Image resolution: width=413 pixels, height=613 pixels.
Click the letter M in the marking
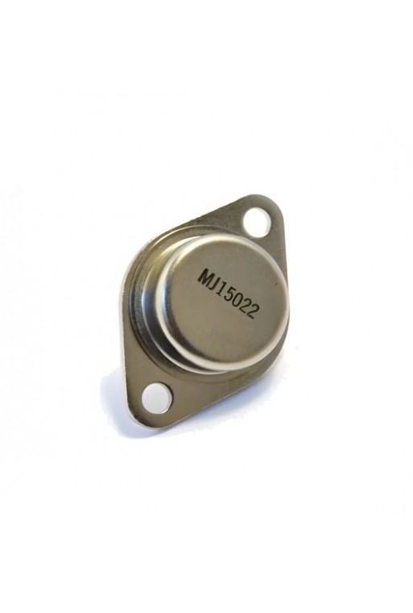[x=204, y=277]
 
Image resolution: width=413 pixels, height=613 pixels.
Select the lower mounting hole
[x=156, y=398]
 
